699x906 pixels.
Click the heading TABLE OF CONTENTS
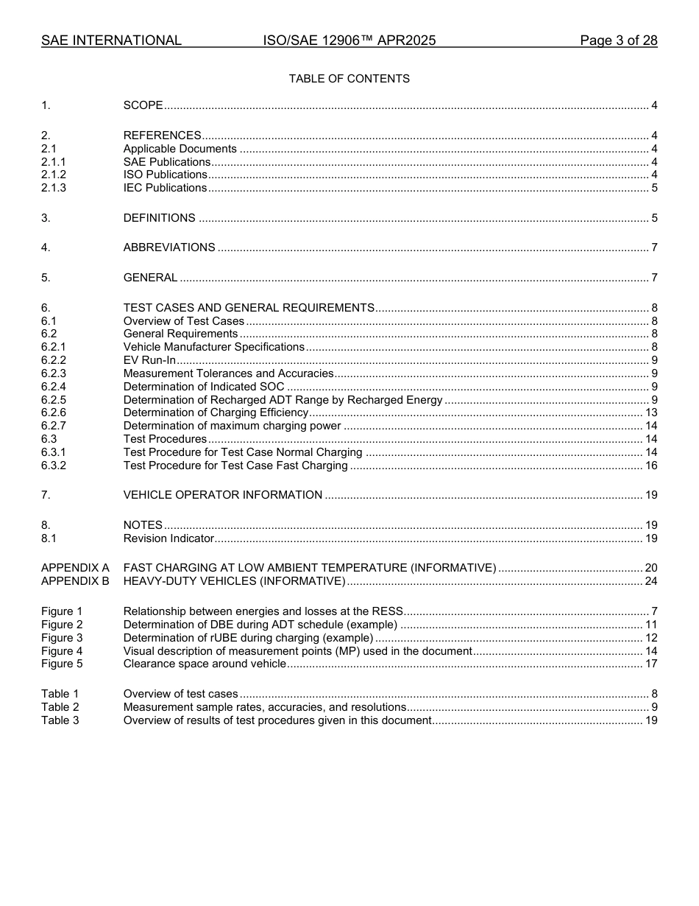pos(349,79)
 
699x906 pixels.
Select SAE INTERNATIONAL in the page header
pos(111,41)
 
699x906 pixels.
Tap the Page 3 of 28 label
pos(618,41)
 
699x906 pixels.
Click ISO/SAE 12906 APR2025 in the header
pos(349,41)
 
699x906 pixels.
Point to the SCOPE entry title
pos(143,105)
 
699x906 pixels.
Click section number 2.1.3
pos(54,188)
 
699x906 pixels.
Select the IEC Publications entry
pos(165,188)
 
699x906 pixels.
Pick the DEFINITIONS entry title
pos(159,218)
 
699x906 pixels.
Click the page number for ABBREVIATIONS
pos(654,247)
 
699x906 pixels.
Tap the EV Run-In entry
pos(149,360)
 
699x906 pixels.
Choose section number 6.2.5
pos(54,400)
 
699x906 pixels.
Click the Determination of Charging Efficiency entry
pos(216,412)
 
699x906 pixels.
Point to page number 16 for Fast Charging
pos(651,466)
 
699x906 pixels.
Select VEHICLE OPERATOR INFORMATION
pos(222,495)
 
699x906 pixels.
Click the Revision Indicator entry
pos(168,538)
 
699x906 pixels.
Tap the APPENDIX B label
pos(75,581)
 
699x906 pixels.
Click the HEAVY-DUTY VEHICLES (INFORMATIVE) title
pos(234,581)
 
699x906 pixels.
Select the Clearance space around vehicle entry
pos(205,664)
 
